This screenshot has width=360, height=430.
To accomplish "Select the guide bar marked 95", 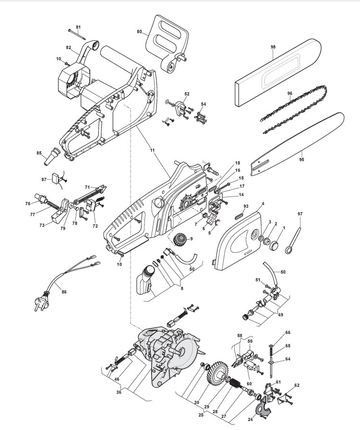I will coord(302,139).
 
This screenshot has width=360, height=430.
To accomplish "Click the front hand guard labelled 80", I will coord(166,41).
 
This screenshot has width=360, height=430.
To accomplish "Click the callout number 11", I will coord(152,150).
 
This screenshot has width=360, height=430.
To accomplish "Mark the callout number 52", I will coord(187,94).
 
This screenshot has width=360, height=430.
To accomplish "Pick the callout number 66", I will coord(288,332).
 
